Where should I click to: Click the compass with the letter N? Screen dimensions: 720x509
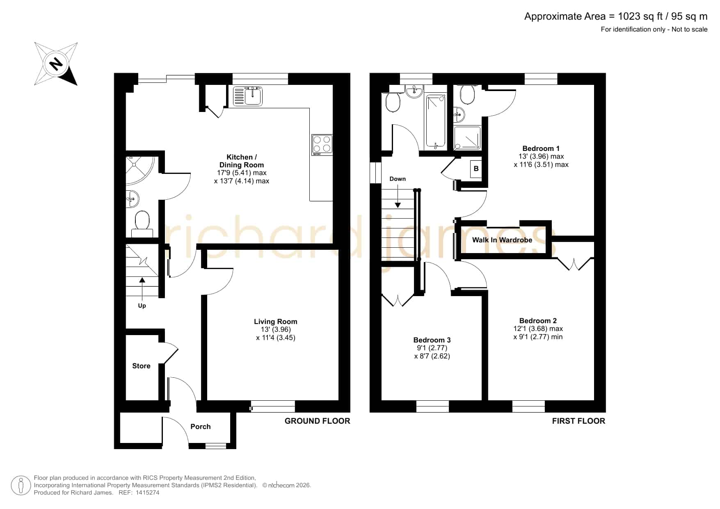(56, 64)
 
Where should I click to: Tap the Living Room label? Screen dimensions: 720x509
(275, 322)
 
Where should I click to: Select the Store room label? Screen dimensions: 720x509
(141, 366)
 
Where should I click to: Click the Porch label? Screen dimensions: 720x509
(200, 427)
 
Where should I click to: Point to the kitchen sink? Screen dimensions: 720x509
(248, 96)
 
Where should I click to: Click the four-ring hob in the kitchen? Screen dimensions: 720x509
(322, 145)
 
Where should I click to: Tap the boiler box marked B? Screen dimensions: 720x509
(476, 169)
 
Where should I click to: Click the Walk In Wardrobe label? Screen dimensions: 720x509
(502, 240)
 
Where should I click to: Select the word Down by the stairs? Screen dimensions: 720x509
(398, 179)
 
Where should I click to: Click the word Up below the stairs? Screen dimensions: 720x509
(142, 306)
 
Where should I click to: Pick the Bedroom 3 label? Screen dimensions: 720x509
(432, 340)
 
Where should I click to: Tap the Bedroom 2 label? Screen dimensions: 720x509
(538, 321)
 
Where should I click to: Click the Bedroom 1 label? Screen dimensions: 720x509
(541, 148)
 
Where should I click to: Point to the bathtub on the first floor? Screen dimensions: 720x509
(435, 121)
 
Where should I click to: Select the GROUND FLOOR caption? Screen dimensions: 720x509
(317, 421)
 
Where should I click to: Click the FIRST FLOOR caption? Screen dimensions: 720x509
(578, 421)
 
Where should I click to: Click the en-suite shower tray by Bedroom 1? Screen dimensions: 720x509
(467, 138)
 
